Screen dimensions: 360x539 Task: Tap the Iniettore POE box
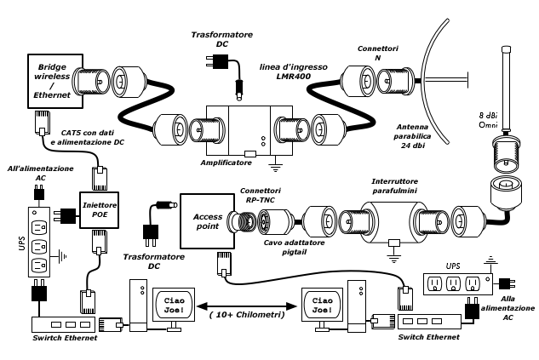click(100, 209)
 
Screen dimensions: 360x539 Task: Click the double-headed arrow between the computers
click(241, 302)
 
